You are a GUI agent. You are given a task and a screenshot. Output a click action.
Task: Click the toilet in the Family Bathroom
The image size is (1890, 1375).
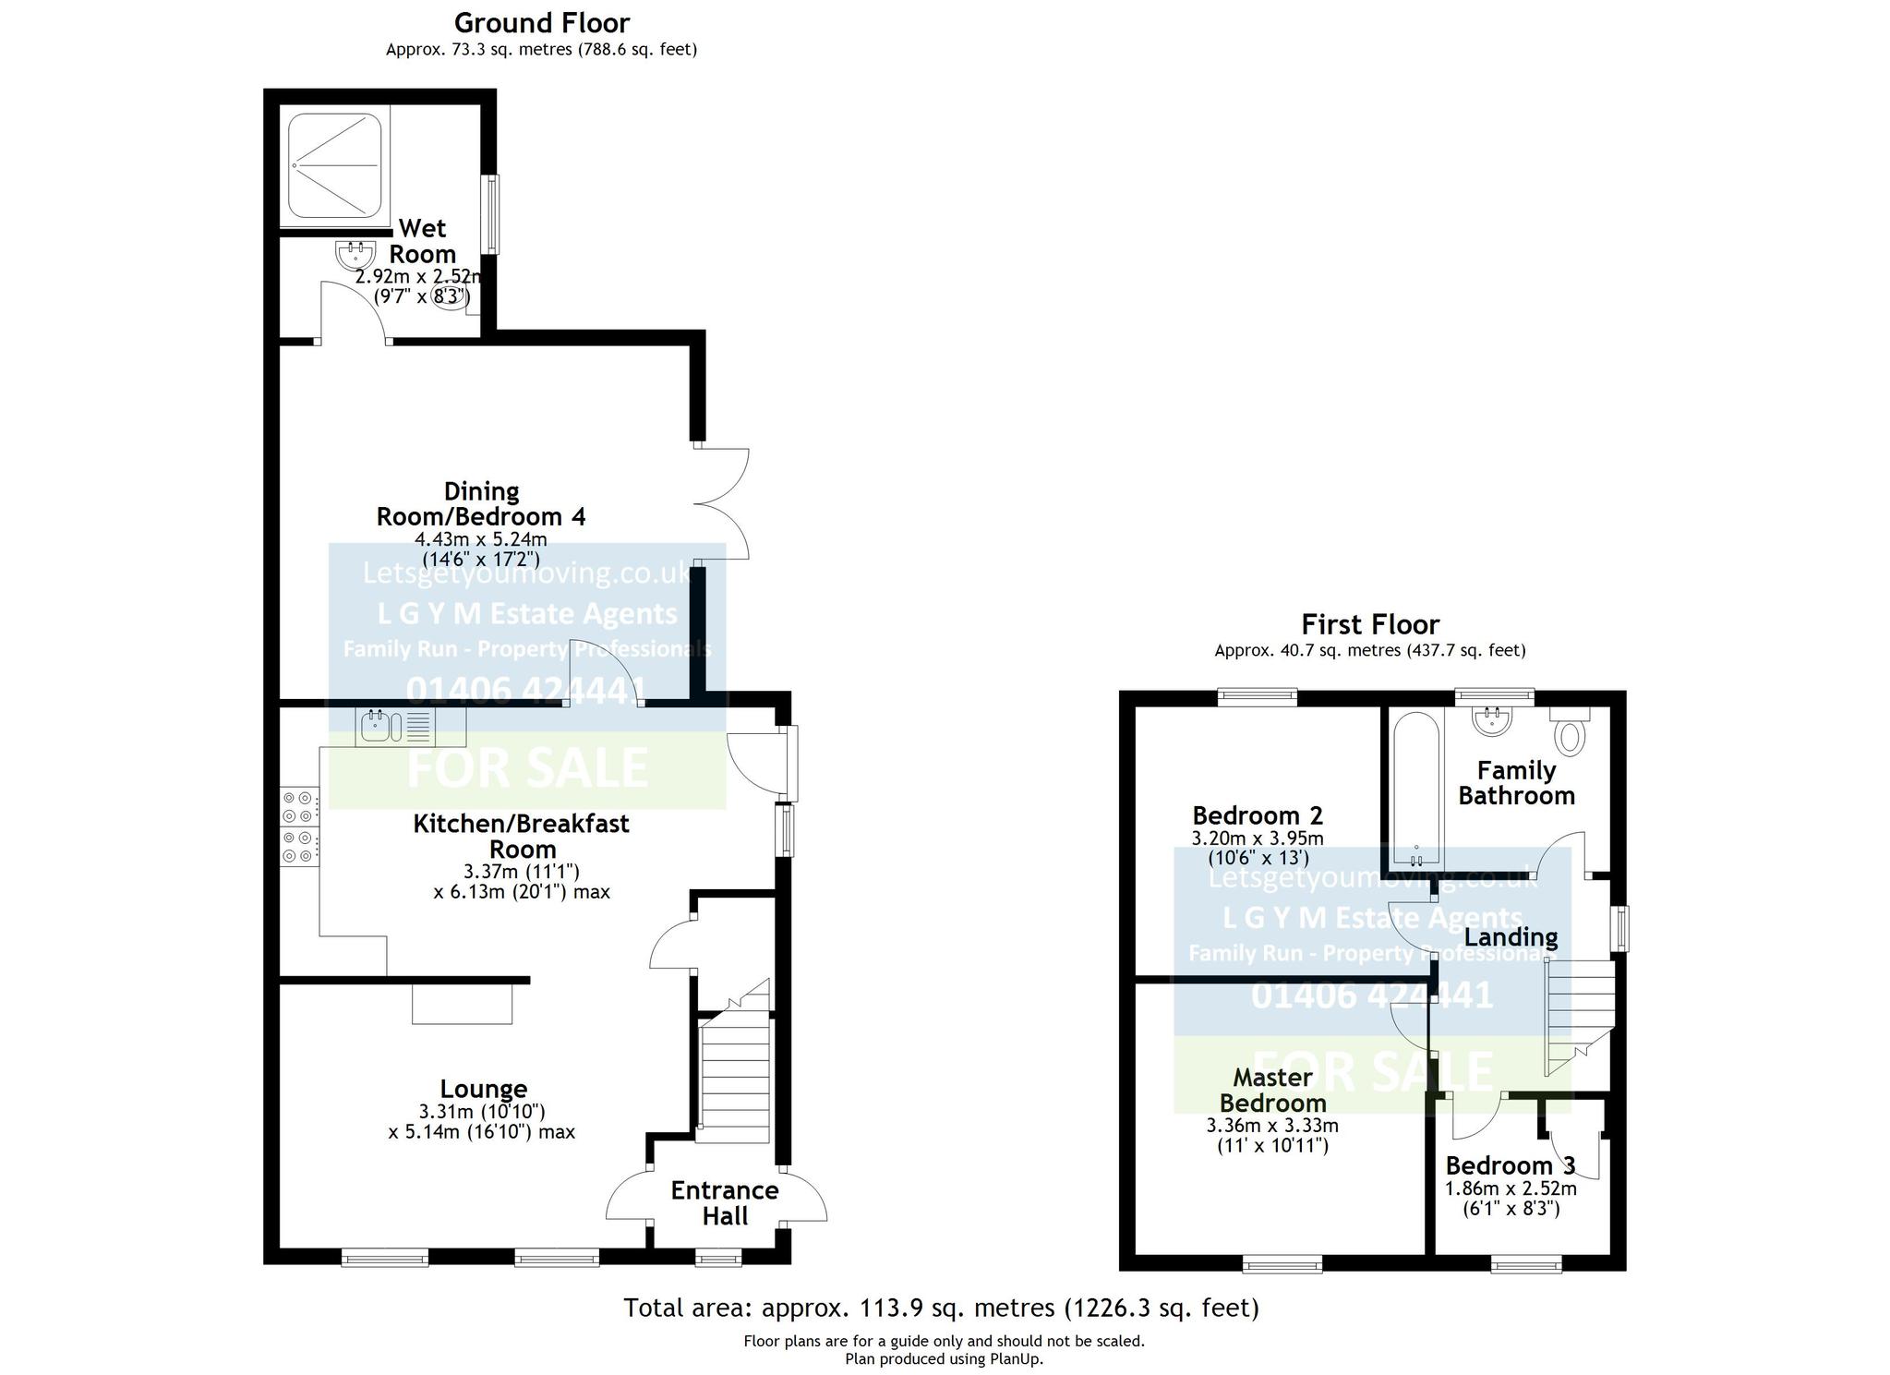[1569, 730]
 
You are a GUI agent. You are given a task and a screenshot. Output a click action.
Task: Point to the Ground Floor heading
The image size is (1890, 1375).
[542, 22]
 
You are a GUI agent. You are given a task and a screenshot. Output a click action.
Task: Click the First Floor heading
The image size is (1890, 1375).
[1370, 624]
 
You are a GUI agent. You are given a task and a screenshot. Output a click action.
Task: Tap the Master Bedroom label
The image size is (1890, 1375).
[1272, 1090]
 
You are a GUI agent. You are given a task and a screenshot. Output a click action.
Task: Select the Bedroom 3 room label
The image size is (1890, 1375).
[1511, 1164]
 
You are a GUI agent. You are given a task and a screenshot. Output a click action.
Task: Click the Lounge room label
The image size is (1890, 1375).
[483, 1089]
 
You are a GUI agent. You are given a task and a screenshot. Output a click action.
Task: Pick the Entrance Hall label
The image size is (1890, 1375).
[725, 1203]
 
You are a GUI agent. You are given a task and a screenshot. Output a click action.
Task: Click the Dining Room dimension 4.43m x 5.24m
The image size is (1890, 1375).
[481, 539]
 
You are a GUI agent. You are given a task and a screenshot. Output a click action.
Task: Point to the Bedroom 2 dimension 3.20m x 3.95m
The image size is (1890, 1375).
[1258, 838]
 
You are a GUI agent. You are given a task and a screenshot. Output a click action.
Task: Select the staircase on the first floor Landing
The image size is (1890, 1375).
[1578, 1016]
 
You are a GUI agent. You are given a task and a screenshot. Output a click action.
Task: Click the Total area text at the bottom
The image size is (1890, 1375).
[941, 1308]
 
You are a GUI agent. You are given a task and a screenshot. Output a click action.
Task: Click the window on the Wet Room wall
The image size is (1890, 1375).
[491, 214]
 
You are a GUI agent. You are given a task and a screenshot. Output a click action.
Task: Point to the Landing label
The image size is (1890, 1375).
[1511, 937]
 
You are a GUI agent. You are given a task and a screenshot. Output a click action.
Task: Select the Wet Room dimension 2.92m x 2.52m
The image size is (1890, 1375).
[420, 276]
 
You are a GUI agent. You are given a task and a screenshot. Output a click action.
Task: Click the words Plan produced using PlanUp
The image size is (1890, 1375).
[944, 1358]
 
